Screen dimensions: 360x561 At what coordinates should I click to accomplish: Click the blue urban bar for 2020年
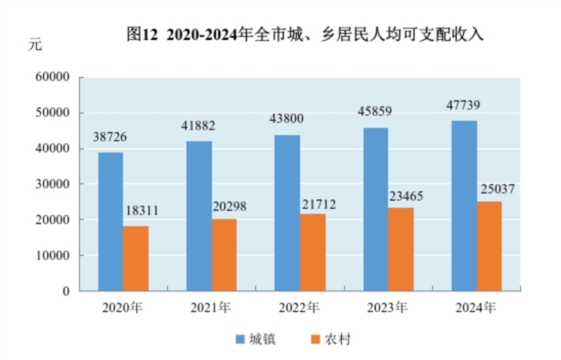(x=111, y=221)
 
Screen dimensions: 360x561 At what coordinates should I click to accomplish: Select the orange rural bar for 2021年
(x=224, y=254)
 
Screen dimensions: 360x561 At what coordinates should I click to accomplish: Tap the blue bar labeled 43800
(x=287, y=212)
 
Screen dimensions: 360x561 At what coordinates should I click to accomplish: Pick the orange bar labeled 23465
(x=400, y=249)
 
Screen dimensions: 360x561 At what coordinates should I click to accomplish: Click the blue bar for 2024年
(x=464, y=205)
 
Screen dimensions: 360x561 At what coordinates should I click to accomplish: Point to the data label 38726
(x=111, y=137)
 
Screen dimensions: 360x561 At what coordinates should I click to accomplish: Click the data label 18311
(x=141, y=212)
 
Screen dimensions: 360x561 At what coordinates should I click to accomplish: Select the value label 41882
(x=199, y=126)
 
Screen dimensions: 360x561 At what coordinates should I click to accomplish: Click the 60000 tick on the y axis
(x=52, y=77)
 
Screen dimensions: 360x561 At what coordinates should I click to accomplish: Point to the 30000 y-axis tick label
(x=52, y=184)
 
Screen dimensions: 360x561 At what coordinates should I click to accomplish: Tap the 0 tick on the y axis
(x=66, y=291)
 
